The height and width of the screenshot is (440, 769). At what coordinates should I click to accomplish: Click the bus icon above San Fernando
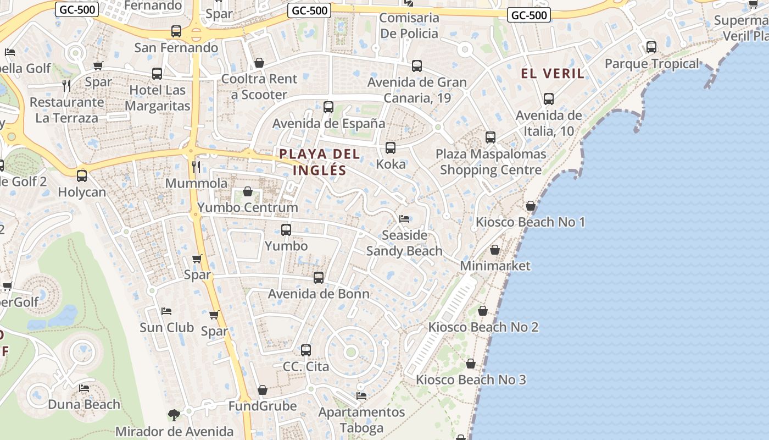pyautogui.click(x=176, y=31)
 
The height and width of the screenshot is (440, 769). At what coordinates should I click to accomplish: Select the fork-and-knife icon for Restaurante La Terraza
pyautogui.click(x=66, y=85)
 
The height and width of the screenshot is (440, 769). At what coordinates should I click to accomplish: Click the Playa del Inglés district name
pyautogui.click(x=320, y=162)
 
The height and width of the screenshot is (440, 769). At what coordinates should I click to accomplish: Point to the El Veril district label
pyautogui.click(x=553, y=74)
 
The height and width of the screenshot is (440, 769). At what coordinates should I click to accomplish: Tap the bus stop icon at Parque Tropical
pyautogui.click(x=651, y=47)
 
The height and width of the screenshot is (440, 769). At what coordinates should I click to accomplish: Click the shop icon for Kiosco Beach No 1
pyautogui.click(x=530, y=206)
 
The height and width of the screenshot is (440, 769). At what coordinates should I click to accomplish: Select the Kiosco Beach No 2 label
pyautogui.click(x=483, y=327)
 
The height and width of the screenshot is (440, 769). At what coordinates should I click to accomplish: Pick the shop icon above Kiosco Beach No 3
pyautogui.click(x=471, y=364)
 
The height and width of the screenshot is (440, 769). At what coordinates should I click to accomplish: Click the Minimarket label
pyautogui.click(x=495, y=266)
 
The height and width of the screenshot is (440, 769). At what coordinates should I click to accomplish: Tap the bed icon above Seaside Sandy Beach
pyautogui.click(x=404, y=219)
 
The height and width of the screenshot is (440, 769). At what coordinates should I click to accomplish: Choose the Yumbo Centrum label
pyautogui.click(x=248, y=207)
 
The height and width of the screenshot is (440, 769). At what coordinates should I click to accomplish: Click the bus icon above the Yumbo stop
pyautogui.click(x=286, y=230)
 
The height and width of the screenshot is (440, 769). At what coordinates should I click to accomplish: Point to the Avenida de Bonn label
pyautogui.click(x=319, y=294)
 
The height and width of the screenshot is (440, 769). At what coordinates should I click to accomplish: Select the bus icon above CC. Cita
pyautogui.click(x=306, y=350)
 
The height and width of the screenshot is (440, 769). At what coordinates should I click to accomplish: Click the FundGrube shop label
pyautogui.click(x=263, y=406)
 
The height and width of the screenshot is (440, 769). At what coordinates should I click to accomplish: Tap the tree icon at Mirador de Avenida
pyautogui.click(x=174, y=415)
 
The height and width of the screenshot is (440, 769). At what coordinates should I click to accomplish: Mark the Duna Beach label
pyautogui.click(x=84, y=404)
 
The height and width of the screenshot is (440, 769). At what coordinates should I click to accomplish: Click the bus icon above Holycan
pyautogui.click(x=82, y=176)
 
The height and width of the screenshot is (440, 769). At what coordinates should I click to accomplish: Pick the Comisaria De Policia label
pyautogui.click(x=410, y=25)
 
